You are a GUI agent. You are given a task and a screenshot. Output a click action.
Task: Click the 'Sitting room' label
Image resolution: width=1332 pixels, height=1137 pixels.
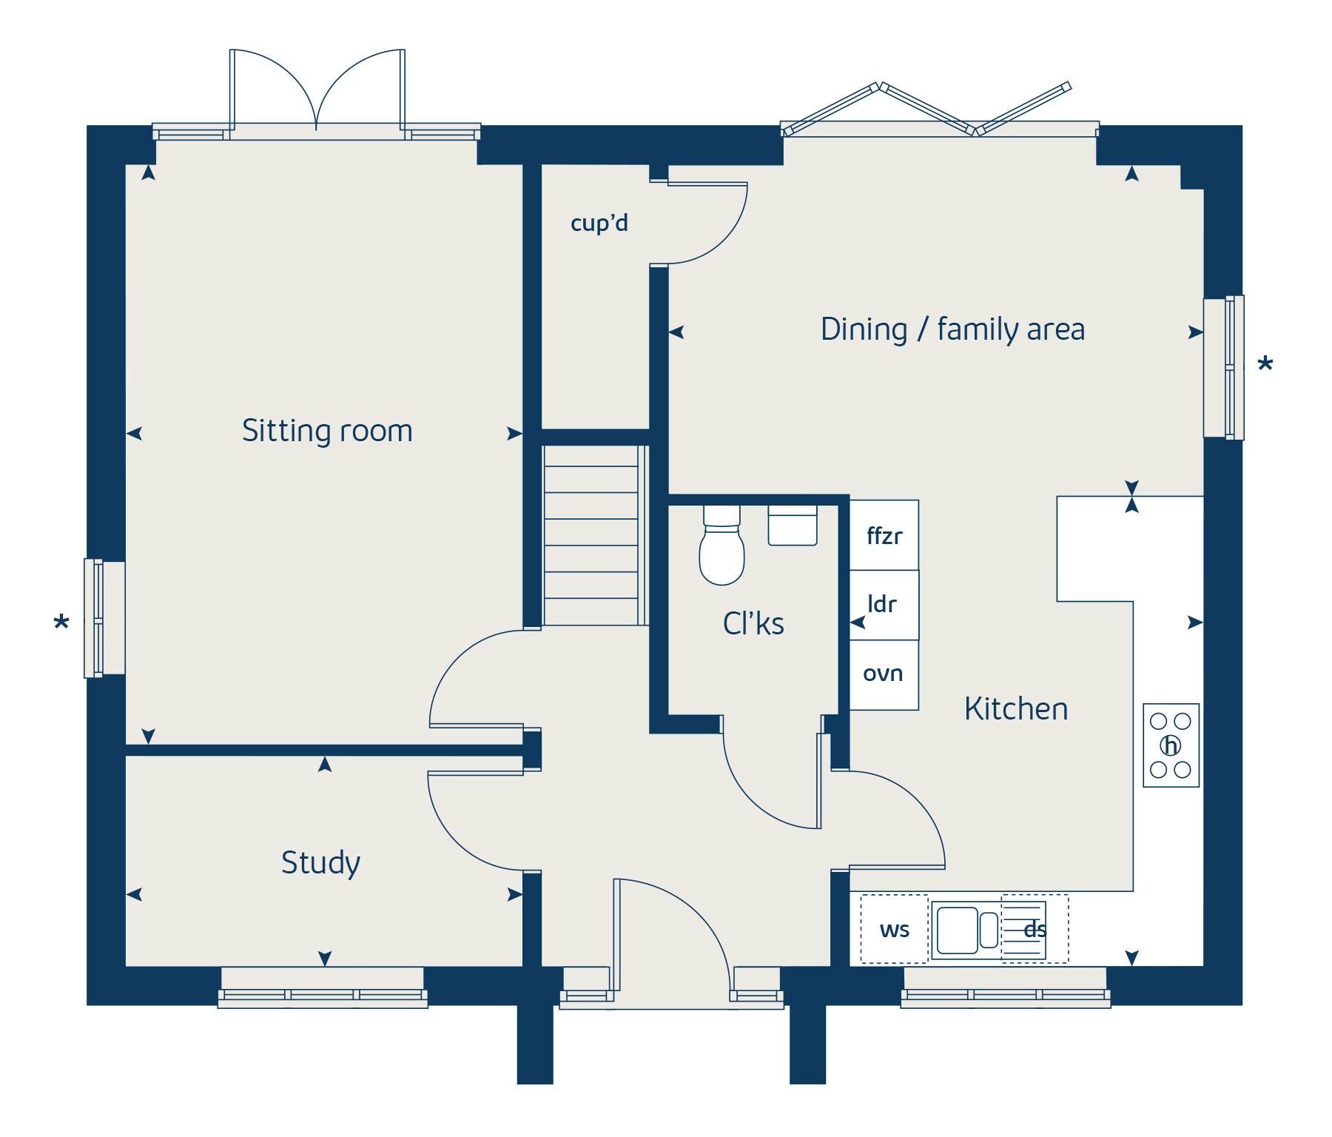pyautogui.click(x=327, y=431)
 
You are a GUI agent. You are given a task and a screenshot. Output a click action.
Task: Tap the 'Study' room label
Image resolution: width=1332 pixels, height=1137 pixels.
pyautogui.click(x=320, y=862)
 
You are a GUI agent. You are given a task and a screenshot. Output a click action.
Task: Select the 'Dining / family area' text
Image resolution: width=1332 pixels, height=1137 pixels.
pyautogui.click(x=952, y=329)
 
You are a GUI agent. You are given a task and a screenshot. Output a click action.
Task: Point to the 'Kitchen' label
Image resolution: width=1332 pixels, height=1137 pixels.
pyautogui.click(x=1016, y=709)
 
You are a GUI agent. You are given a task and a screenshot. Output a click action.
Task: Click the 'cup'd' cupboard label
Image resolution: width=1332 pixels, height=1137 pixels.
pyautogui.click(x=599, y=223)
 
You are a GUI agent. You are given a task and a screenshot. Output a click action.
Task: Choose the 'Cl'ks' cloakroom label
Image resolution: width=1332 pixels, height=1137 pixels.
pyautogui.click(x=753, y=624)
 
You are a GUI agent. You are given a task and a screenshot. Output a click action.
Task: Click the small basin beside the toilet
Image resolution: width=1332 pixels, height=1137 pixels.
pyautogui.click(x=793, y=526)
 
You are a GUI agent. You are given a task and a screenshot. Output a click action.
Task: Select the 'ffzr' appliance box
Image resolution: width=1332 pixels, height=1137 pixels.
pyautogui.click(x=884, y=535)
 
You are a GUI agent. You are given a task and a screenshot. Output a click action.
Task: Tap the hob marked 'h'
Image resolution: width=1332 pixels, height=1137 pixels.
pyautogui.click(x=1171, y=745)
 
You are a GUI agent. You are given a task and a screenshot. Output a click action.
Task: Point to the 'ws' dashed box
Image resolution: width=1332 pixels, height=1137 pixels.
pyautogui.click(x=894, y=930)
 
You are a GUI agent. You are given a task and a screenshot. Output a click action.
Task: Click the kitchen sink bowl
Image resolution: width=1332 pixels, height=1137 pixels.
pyautogui.click(x=957, y=930)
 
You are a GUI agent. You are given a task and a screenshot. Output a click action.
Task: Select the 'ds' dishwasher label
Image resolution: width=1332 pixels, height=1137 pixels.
pyautogui.click(x=1035, y=930)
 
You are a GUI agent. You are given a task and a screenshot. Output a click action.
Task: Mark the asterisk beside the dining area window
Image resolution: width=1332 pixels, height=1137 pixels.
pyautogui.click(x=1265, y=365)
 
